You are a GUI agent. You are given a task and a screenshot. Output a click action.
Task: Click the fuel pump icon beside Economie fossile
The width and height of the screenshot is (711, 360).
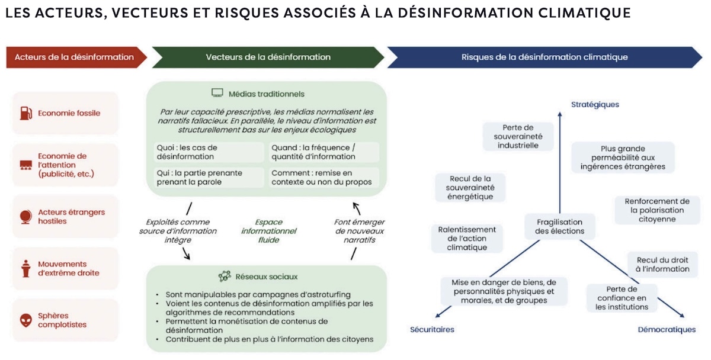25,112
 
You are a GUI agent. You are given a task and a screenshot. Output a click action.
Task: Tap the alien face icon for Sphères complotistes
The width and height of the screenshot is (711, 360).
25,320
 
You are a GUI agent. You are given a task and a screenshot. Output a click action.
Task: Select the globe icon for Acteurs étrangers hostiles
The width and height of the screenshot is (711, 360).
25,216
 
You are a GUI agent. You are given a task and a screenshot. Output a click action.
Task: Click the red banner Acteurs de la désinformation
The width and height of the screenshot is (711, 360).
74,57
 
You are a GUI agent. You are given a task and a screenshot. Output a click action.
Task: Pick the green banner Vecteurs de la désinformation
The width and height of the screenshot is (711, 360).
268,57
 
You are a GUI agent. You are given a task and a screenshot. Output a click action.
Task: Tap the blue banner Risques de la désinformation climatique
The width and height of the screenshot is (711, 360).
544,57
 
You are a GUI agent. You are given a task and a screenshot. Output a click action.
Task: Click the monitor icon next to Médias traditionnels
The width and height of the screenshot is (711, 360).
217,93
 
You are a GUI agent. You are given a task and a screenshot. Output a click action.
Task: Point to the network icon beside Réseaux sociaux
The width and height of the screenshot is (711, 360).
225,277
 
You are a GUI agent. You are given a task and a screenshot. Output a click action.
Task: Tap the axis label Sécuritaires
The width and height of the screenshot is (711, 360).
432,329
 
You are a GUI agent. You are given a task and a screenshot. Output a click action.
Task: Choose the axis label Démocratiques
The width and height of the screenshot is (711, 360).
667,329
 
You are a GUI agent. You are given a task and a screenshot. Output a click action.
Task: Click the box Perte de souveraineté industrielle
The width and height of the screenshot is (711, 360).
518,136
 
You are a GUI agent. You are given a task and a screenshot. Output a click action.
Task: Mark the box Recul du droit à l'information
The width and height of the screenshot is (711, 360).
663,264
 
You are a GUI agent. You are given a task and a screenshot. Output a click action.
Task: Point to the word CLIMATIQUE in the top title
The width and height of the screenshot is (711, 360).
586,13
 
